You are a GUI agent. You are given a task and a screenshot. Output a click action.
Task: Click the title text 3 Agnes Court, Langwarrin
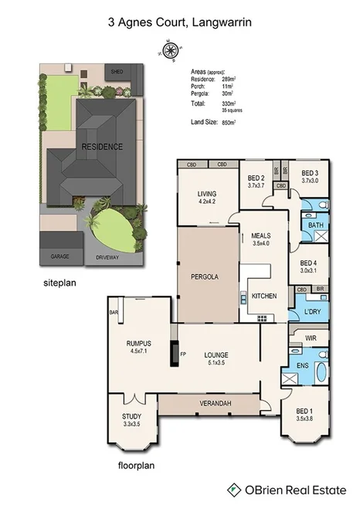[x=179, y=24]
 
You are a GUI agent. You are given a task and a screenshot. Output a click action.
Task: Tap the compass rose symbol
[x=169, y=52]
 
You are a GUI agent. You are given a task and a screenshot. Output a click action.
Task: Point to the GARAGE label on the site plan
[x=61, y=256]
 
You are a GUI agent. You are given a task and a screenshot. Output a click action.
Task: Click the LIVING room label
[x=206, y=194]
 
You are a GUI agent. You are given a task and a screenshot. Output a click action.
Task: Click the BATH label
[x=315, y=225]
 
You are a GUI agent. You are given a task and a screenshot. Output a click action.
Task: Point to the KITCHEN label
[x=264, y=296]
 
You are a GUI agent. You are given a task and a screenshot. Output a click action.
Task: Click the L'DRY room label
[x=311, y=311]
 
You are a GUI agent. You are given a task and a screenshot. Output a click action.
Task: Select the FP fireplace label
[x=183, y=355]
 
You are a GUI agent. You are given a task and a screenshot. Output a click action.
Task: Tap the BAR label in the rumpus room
[x=114, y=313]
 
